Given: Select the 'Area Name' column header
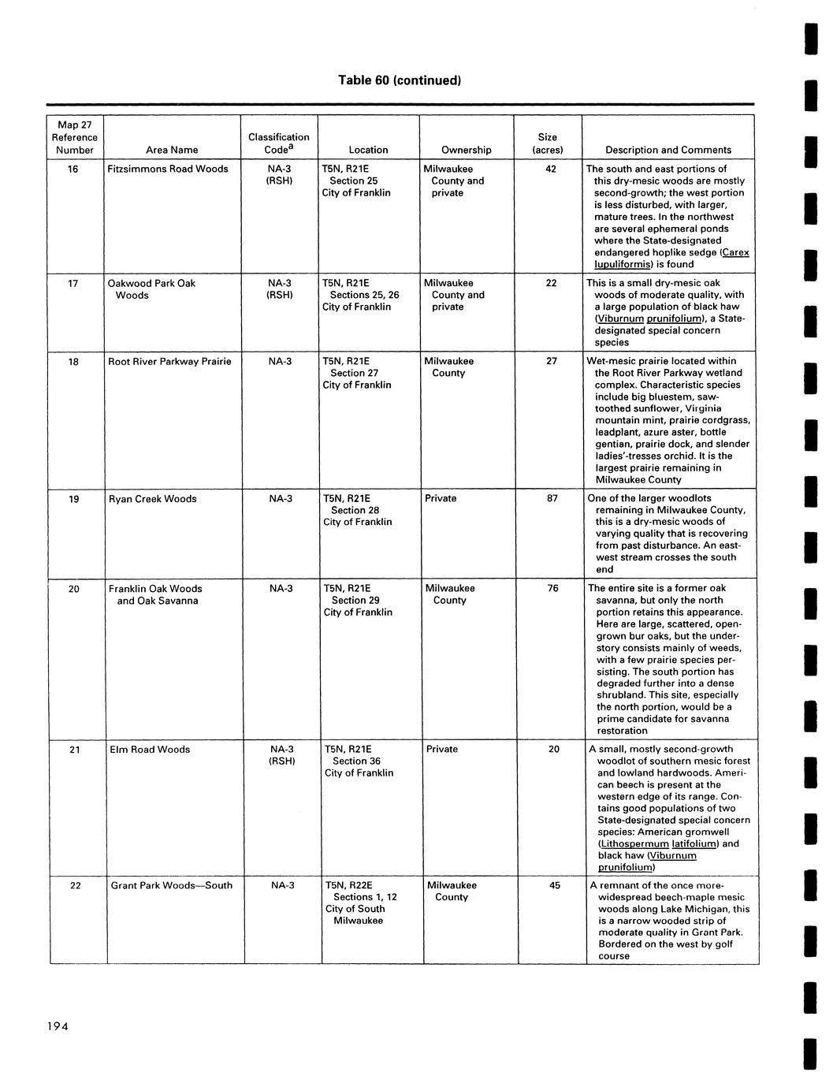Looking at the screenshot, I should point(172,150).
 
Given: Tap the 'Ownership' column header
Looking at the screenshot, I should point(466,150).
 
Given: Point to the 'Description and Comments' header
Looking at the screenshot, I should point(668,150).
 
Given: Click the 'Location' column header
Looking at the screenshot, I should point(368,150).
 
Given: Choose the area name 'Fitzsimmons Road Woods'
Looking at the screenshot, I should point(168,169).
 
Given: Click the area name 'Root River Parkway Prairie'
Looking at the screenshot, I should point(169,361).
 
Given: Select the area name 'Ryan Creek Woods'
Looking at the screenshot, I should point(153,498).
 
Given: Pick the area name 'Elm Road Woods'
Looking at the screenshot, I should point(150,749).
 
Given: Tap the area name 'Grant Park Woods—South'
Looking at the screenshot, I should point(172,885).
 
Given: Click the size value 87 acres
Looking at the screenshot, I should point(552,498).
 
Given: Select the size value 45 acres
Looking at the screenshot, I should point(555,885).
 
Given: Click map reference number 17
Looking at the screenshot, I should point(73,283).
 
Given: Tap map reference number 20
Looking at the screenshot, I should point(73,588).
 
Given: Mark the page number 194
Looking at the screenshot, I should point(58,1026).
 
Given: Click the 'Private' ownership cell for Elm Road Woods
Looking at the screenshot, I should point(442,749).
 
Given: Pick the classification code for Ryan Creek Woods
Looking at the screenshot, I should point(281,498).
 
